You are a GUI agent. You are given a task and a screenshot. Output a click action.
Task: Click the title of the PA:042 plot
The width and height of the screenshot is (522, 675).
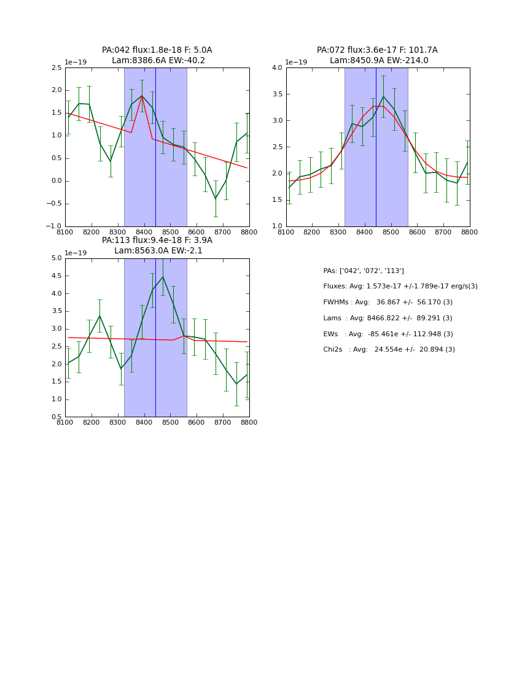click(157, 55)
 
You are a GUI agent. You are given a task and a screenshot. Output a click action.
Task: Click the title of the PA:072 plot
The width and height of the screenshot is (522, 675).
click(377, 55)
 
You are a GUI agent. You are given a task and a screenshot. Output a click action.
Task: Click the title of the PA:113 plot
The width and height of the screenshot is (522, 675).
click(157, 245)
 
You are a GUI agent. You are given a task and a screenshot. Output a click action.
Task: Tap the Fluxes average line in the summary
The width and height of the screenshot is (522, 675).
click(400, 287)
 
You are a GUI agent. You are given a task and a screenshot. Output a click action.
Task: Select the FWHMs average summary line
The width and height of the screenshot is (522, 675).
click(388, 303)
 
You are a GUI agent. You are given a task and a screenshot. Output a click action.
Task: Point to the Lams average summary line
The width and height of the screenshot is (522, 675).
click(388, 318)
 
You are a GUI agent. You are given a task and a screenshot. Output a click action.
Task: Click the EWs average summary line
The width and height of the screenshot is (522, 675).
click(388, 334)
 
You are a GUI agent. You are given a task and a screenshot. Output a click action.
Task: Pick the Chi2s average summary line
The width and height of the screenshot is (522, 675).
click(389, 350)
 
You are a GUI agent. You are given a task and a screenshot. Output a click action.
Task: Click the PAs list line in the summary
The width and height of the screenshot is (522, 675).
click(364, 271)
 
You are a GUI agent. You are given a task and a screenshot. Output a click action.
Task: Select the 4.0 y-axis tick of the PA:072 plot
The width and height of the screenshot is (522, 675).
click(276, 68)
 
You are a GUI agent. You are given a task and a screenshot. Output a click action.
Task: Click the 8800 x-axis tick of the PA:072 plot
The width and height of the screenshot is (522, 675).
click(470, 233)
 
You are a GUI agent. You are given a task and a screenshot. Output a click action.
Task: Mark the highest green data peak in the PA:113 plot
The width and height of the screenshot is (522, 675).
click(163, 277)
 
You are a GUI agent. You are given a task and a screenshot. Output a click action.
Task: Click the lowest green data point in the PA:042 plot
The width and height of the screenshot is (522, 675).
click(216, 199)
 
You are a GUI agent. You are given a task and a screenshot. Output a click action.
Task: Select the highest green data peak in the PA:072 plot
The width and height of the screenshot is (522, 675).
click(384, 96)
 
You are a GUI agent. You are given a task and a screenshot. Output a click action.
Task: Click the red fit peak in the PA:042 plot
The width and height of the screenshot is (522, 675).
click(142, 96)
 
